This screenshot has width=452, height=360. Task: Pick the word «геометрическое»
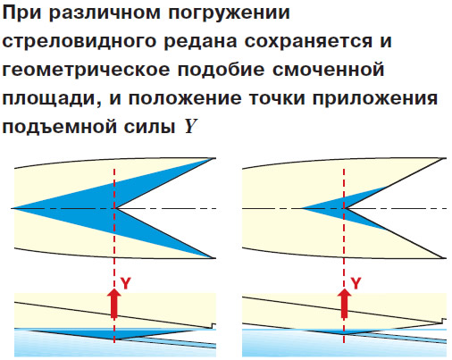tap(86, 70)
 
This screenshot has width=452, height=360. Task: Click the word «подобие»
tap(221, 70)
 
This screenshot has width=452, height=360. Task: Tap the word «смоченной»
tap(328, 70)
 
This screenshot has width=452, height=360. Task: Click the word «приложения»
tap(375, 98)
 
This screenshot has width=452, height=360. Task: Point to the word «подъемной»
tap(59, 128)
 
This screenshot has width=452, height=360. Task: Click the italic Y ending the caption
tap(190, 126)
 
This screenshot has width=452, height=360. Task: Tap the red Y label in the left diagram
tap(126, 283)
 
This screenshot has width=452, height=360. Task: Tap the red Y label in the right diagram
tap(356, 283)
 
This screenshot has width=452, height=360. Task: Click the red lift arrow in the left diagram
tap(114, 303)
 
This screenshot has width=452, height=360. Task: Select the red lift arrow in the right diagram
tap(344, 303)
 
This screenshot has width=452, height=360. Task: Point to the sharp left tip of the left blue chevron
tap(13, 208)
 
